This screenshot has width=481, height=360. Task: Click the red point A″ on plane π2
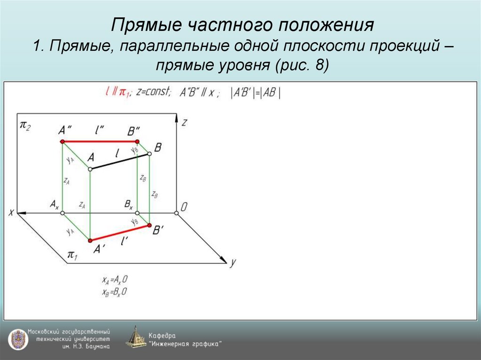pyautogui.click(x=62, y=141)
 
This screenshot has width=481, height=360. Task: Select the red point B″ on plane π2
pyautogui.click(x=137, y=141)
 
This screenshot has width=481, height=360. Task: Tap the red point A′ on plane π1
pyautogui.click(x=90, y=240)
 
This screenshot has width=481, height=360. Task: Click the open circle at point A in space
pyautogui.click(x=90, y=169)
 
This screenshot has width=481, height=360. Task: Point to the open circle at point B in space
pyautogui.click(x=150, y=153)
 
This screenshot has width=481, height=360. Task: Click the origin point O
pyautogui.click(x=177, y=213)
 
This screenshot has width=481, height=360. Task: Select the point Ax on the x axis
pyautogui.click(x=62, y=213)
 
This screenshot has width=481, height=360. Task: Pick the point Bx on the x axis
pyautogui.click(x=137, y=213)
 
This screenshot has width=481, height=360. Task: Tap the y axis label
pyautogui.click(x=232, y=262)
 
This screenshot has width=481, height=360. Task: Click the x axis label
pyautogui.click(x=11, y=213)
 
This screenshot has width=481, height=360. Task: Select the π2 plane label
pyautogui.click(x=25, y=126)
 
